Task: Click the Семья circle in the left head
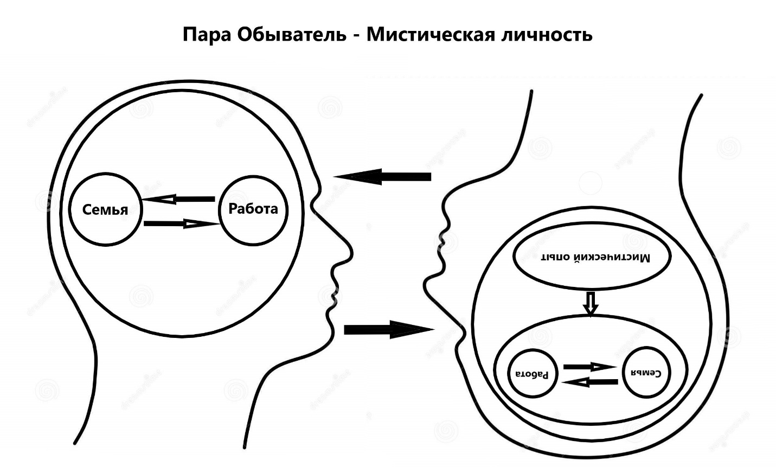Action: click(105, 209)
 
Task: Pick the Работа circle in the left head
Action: click(253, 209)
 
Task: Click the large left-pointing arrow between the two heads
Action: click(382, 176)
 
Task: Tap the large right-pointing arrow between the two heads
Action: click(388, 329)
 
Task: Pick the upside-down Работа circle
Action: click(532, 374)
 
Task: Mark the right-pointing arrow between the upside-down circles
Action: click(590, 367)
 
